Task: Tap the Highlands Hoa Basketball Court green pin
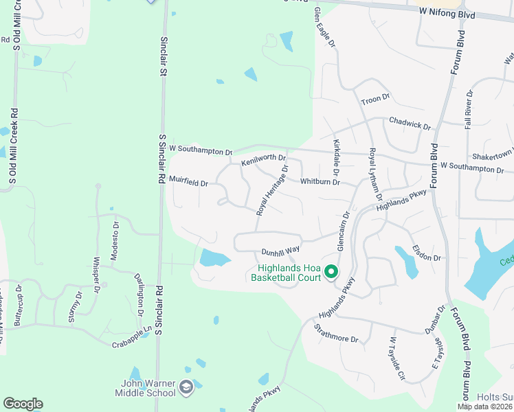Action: [331, 273]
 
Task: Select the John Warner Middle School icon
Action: [186, 389]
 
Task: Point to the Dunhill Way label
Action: [280, 252]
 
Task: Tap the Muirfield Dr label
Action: [188, 183]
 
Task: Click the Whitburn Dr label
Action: [320, 182]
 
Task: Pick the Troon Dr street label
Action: [375, 100]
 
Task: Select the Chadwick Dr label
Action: [410, 123]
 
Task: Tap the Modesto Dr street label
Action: [115, 234]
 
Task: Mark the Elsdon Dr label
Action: [426, 252]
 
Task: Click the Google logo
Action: [23, 404]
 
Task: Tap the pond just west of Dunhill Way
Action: [214, 258]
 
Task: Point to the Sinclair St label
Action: [164, 56]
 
